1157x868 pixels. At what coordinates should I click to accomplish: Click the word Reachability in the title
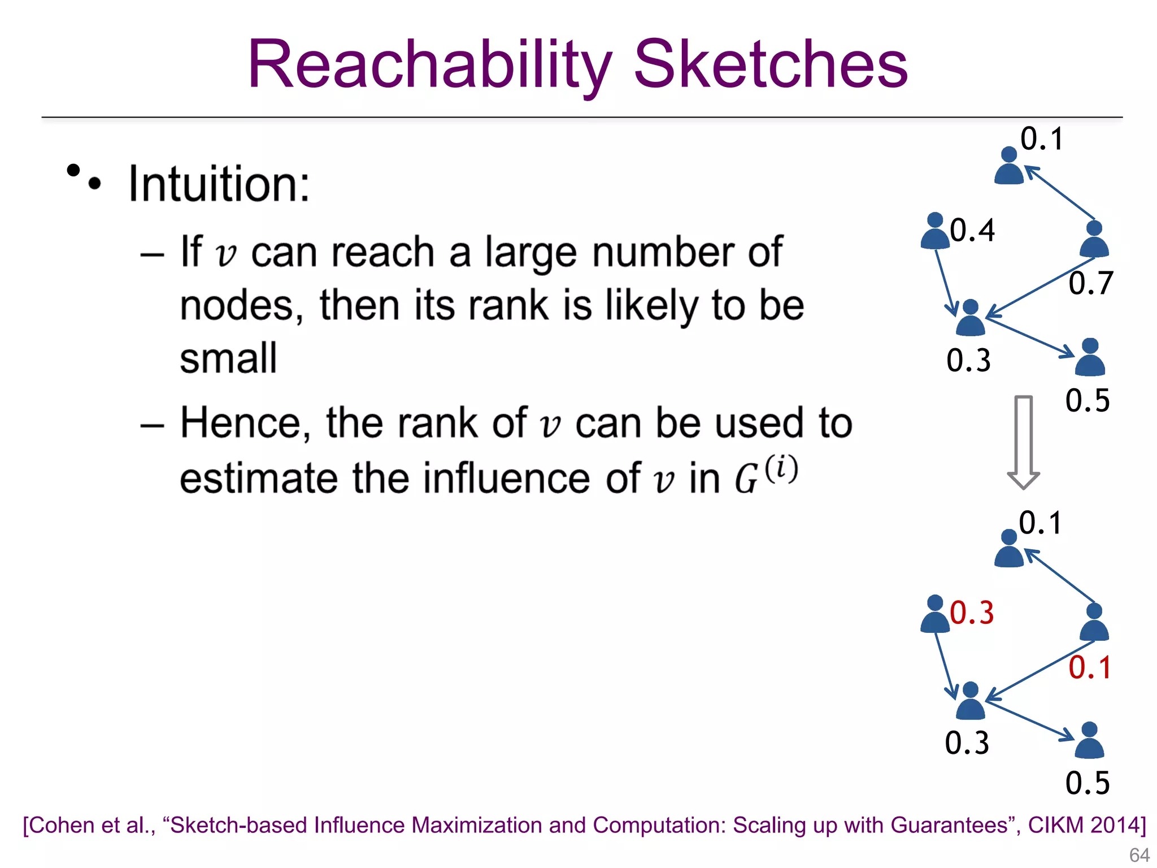(429, 65)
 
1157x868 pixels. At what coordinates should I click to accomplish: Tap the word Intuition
(219, 184)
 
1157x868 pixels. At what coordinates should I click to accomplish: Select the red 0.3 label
(972, 613)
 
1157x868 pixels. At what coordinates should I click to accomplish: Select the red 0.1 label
(1090, 668)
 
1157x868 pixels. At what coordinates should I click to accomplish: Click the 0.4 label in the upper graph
(972, 231)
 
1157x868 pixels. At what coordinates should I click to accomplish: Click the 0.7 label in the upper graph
(1090, 283)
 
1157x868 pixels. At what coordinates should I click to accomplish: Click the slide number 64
(1139, 855)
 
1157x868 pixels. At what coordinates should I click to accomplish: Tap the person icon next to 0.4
(935, 232)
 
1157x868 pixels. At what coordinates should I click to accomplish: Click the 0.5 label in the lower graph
(1088, 783)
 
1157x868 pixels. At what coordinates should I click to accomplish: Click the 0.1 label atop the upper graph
(1042, 139)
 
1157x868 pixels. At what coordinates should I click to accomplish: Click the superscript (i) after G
(781, 469)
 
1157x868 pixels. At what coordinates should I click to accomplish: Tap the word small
(228, 359)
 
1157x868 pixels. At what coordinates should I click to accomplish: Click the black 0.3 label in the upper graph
(968, 361)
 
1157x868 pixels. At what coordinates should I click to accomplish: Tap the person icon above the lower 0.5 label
(1089, 741)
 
